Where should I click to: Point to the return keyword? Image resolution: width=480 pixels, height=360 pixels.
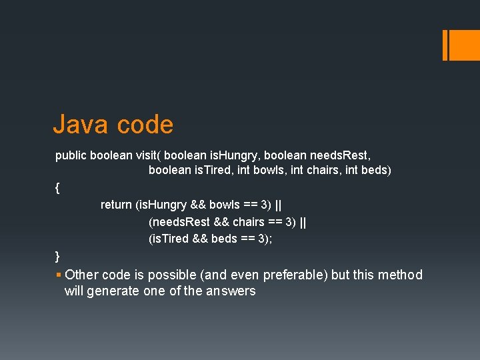(116, 205)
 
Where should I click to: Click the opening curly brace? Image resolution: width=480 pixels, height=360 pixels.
(58, 188)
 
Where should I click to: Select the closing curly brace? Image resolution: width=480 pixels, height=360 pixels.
(58, 256)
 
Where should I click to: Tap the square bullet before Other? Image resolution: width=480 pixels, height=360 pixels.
(59, 275)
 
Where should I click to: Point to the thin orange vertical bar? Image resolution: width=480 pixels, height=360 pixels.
(445, 45)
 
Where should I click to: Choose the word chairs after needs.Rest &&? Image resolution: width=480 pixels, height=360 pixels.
(248, 222)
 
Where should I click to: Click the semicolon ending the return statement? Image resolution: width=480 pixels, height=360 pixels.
(271, 239)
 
